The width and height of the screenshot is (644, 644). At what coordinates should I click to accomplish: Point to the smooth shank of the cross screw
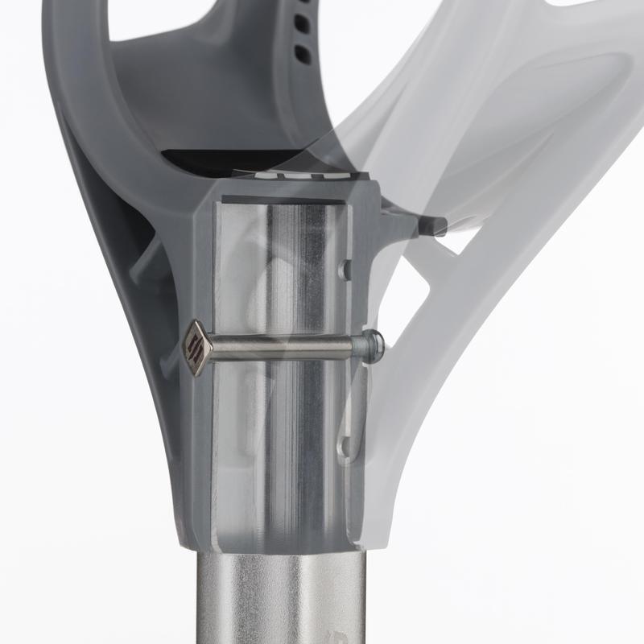[282, 348]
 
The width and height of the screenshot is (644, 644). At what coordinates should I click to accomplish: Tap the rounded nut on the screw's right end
[370, 345]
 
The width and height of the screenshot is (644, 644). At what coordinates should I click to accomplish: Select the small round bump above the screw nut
[345, 269]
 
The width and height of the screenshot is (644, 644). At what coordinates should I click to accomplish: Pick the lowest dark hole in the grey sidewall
[303, 55]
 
